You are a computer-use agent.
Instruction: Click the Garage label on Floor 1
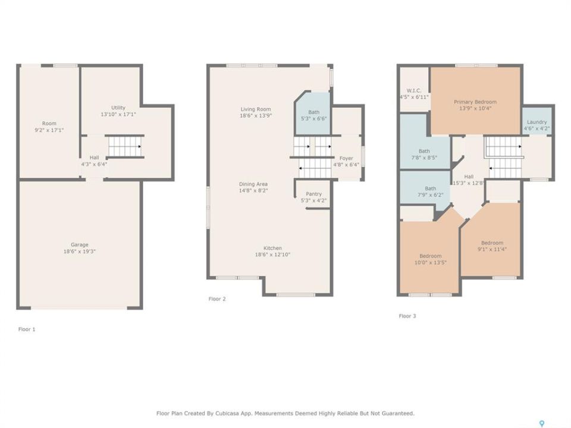click(x=79, y=245)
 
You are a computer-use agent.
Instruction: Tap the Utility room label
click(x=118, y=108)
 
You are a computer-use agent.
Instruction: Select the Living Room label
click(x=256, y=109)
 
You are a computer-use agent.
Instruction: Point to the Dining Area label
click(x=253, y=184)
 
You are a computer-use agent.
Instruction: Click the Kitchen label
click(x=272, y=248)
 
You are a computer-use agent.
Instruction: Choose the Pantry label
click(x=313, y=194)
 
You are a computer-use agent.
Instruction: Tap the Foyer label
click(x=346, y=158)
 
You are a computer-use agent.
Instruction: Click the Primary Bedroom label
click(x=475, y=102)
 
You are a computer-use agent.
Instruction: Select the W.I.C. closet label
click(x=414, y=90)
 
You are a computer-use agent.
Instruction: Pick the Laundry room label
click(x=537, y=122)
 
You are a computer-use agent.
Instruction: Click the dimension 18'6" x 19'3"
click(x=79, y=251)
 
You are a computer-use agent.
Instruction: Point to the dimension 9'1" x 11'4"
click(x=492, y=249)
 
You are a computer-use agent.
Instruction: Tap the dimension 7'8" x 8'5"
click(x=424, y=158)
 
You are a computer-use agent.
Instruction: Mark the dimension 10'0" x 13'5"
click(x=431, y=262)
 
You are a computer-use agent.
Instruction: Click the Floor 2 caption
click(x=217, y=299)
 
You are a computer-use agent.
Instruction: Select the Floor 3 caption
click(x=407, y=316)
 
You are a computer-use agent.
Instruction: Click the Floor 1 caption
click(x=27, y=329)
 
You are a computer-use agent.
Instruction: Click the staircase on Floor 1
click(x=125, y=147)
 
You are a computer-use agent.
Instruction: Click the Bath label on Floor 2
click(x=313, y=112)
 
